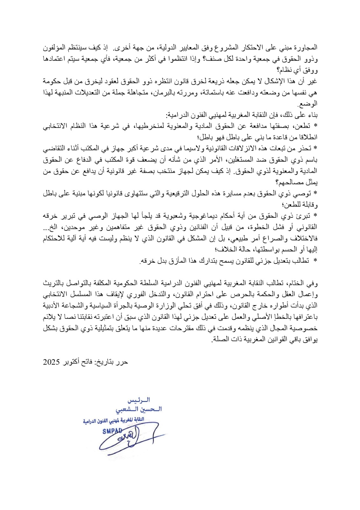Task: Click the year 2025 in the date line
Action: point(52,362)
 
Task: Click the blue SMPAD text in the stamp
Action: point(112,431)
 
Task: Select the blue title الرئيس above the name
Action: point(139,400)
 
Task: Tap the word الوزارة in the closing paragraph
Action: point(156,306)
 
